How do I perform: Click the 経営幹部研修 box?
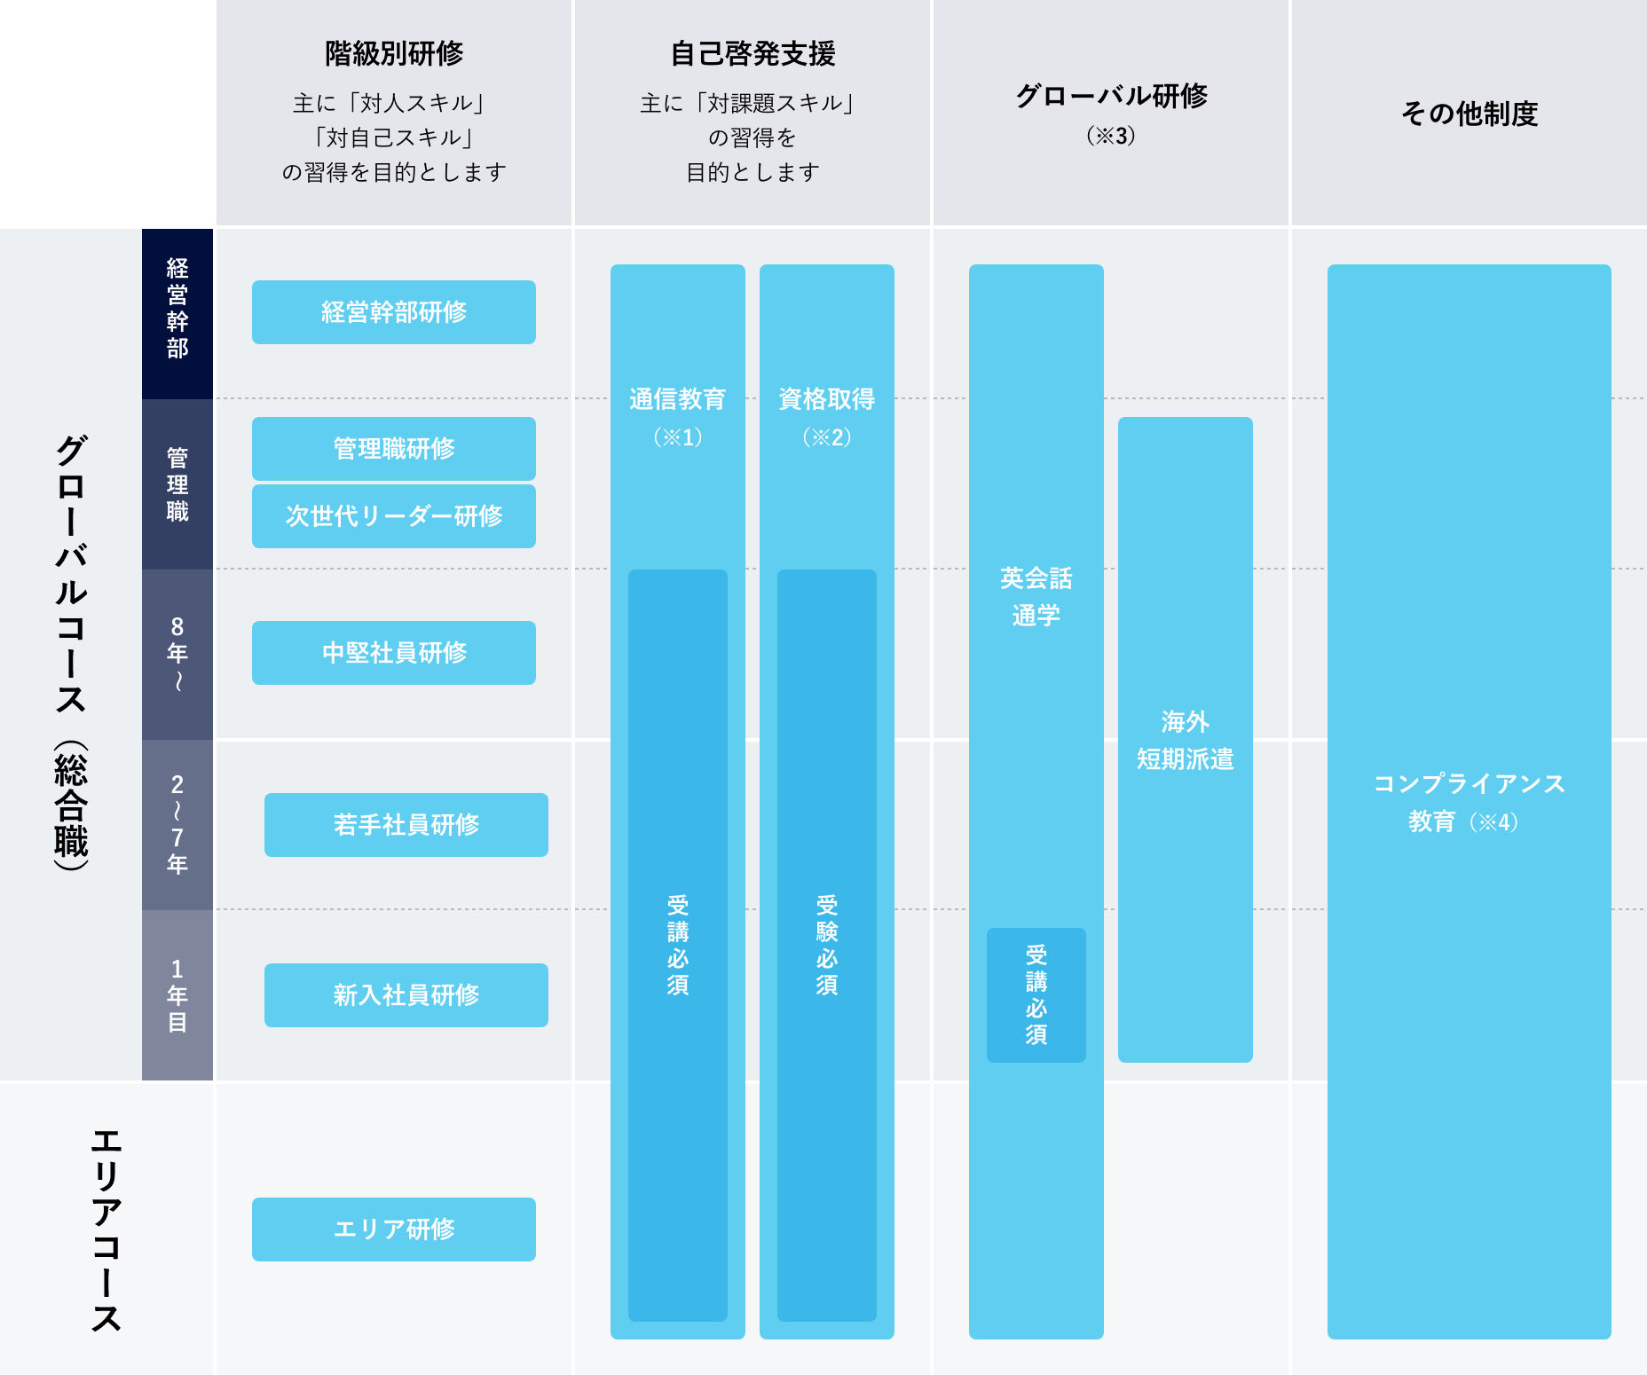(393, 312)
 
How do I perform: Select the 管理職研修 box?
(393, 449)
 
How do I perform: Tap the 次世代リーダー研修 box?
(393, 516)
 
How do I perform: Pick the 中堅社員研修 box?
(393, 653)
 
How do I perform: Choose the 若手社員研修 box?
(406, 825)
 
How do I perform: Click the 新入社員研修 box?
(406, 995)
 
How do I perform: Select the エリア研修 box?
(393, 1230)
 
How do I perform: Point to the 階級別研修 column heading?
(393, 53)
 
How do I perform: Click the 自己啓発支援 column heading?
(753, 53)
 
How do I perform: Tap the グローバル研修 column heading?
(1110, 95)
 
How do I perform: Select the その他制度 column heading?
(1469, 114)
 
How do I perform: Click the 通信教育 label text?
(677, 399)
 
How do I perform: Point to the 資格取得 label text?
(826, 399)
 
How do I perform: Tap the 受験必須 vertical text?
(826, 945)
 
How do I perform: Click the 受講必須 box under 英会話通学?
(1036, 994)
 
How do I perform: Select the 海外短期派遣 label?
(1185, 740)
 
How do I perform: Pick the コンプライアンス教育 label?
(1469, 802)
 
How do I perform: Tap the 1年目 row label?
(177, 995)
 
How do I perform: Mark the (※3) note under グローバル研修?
(1110, 136)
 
